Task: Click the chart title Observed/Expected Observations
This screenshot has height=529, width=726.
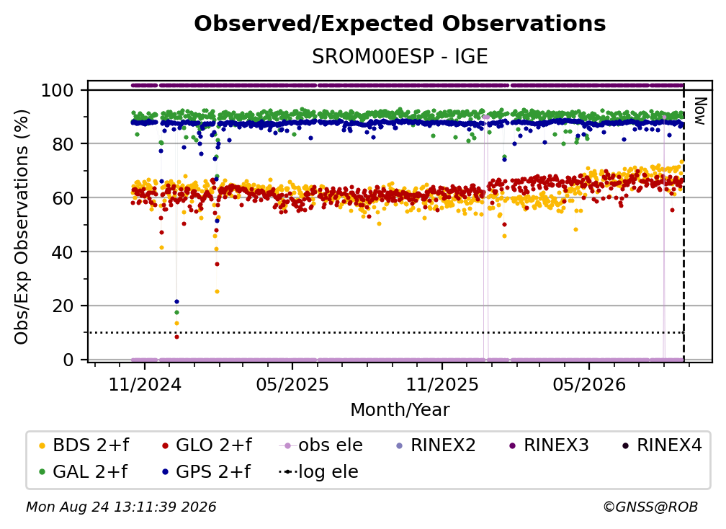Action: [400, 24]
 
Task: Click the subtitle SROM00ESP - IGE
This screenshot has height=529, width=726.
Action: [400, 56]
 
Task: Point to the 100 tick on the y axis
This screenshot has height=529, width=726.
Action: [58, 90]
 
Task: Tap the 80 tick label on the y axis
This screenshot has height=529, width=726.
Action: [63, 144]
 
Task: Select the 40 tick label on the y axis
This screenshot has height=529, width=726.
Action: [63, 252]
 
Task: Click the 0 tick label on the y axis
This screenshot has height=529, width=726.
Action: [68, 360]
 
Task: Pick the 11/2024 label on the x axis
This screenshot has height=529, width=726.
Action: [145, 384]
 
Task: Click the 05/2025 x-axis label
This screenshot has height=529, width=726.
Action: [292, 384]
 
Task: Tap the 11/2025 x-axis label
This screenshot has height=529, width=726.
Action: [442, 384]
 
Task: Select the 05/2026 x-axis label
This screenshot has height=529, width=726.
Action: [589, 384]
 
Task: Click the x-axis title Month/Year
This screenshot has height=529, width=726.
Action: [400, 409]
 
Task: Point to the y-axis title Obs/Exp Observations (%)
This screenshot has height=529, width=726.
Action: [22, 227]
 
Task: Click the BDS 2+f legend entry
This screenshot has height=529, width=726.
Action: [84, 445]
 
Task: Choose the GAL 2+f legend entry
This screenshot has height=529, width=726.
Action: [83, 471]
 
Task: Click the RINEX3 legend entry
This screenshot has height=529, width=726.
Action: [549, 445]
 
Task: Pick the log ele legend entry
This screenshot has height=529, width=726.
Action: [319, 471]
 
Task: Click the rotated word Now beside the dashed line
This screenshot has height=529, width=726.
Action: [699, 111]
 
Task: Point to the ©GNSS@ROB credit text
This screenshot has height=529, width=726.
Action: [650, 507]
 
